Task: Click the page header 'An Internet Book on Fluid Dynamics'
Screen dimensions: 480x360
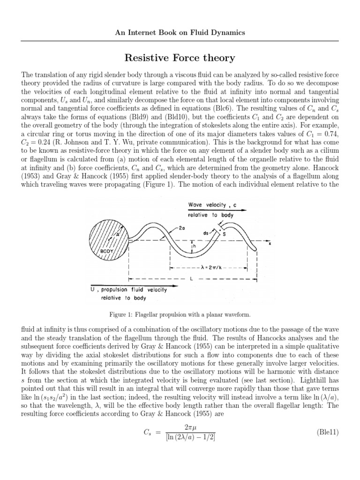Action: [x=180, y=33]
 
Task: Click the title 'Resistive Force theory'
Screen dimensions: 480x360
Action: [x=180, y=58]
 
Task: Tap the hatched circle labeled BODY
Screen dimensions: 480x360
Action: [x=107, y=243]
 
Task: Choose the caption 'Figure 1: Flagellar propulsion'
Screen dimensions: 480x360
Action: [x=180, y=314]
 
